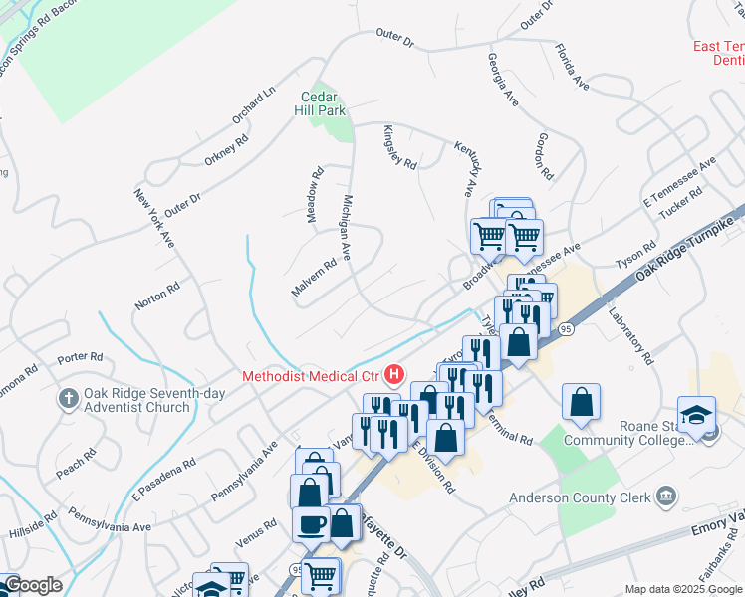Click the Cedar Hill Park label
pyautogui.click(x=324, y=103)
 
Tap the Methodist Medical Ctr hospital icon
pyautogui.click(x=395, y=375)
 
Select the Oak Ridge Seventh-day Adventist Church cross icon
pyautogui.click(x=68, y=399)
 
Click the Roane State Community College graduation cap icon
pyautogui.click(x=696, y=414)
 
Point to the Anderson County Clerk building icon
pyautogui.click(x=666, y=497)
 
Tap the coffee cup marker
pyautogui.click(x=311, y=523)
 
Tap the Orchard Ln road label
pyautogui.click(x=254, y=106)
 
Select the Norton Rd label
pyautogui.click(x=159, y=296)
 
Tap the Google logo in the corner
pyautogui.click(x=32, y=585)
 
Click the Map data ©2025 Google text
pyautogui.click(x=683, y=589)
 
